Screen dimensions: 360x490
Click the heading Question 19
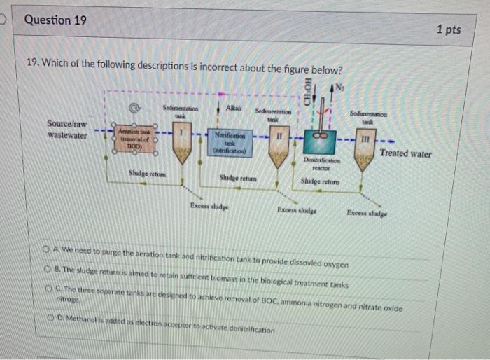(56, 20)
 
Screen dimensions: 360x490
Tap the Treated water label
(405, 153)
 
